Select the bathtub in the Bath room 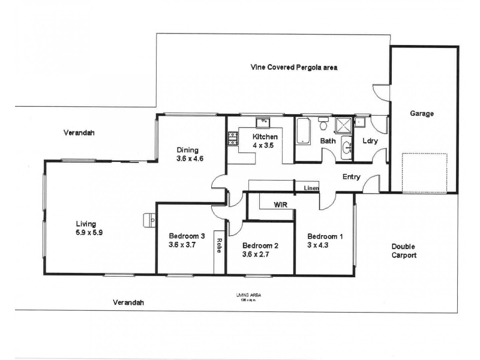point(302,131)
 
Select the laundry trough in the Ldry point(360,123)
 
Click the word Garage point(422,113)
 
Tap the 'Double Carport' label point(403,251)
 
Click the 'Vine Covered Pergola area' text point(294,68)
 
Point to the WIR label point(280,205)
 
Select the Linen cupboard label point(311,188)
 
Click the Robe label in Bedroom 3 point(220,245)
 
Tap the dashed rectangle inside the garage point(424,173)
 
